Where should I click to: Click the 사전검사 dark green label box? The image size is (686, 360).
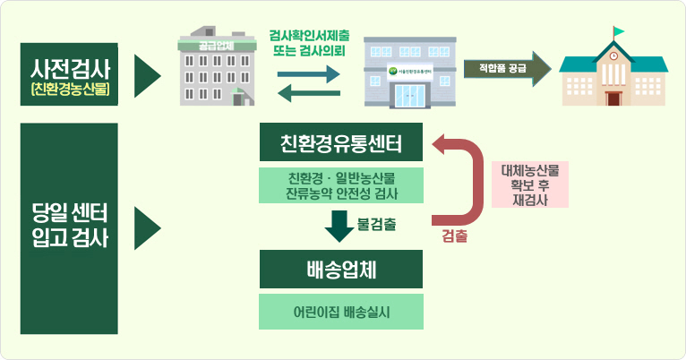click(x=69, y=75)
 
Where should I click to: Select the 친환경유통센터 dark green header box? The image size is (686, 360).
click(x=340, y=144)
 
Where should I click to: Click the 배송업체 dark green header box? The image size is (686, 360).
click(x=340, y=269)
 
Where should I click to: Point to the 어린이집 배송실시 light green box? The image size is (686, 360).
click(x=340, y=312)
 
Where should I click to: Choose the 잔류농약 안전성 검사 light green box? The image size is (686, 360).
click(x=340, y=184)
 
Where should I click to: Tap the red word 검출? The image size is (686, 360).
click(x=454, y=237)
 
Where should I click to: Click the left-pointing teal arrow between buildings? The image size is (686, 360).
click(x=309, y=92)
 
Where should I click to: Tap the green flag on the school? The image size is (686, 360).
click(x=619, y=32)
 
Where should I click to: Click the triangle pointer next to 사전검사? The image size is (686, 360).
click(x=146, y=75)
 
